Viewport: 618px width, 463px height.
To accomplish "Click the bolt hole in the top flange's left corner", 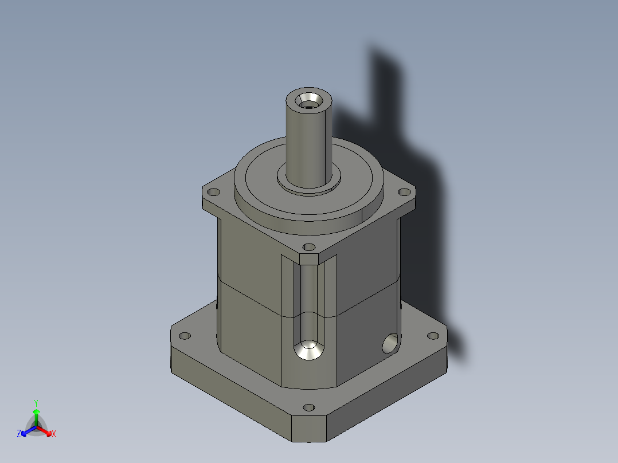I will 214,193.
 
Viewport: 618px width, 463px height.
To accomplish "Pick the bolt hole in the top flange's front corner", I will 309,248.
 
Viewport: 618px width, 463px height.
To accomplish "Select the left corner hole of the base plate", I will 184,336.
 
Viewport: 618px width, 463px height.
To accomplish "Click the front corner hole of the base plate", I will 309,408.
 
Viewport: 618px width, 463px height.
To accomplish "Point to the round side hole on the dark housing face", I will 389,343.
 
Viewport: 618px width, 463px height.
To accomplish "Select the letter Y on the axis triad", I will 36,403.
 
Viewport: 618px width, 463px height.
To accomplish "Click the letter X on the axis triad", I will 54,434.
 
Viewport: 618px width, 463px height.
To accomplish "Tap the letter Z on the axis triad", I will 18,434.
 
